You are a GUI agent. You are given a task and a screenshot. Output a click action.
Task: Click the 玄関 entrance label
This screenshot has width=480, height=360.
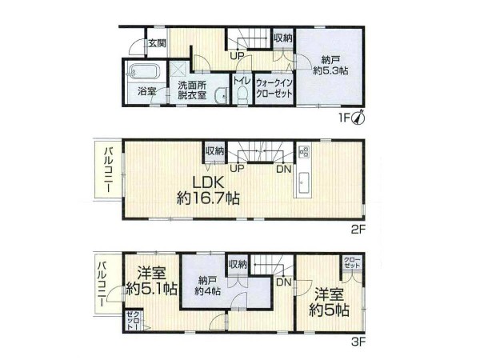pyautogui.click(x=157, y=43)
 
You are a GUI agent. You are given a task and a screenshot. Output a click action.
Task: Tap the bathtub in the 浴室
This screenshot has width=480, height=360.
pyautogui.click(x=144, y=73)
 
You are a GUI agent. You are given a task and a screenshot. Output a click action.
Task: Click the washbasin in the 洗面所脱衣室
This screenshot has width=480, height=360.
pyautogui.click(x=221, y=95)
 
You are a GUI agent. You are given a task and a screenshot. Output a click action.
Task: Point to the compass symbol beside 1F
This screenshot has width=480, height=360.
pyautogui.click(x=358, y=118)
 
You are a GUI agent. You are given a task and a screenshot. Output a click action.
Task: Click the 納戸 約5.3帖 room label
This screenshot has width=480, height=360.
pyautogui.click(x=330, y=66)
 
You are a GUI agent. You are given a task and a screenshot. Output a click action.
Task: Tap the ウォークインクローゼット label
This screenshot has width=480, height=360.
pyautogui.click(x=274, y=88)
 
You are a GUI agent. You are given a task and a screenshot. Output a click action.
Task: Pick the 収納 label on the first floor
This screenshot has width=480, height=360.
pyautogui.click(x=282, y=38)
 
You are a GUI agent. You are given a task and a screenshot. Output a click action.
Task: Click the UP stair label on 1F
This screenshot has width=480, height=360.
pyautogui.click(x=238, y=56)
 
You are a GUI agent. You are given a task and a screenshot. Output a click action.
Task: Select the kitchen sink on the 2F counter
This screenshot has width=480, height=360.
pyautogui.click(x=303, y=183)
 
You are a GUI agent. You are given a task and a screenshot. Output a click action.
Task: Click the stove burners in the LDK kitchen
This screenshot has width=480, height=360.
pyautogui.click(x=304, y=151)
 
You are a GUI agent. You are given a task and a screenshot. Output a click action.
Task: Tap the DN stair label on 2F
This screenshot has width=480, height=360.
pyautogui.click(x=284, y=169)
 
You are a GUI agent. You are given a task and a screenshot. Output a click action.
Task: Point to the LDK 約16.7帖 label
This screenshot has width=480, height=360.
pyautogui.click(x=208, y=190)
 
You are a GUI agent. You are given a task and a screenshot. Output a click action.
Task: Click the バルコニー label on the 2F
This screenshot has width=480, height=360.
pyautogui.click(x=108, y=170)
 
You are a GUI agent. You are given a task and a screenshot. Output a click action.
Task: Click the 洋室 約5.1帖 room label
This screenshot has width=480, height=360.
pyautogui.click(x=151, y=281)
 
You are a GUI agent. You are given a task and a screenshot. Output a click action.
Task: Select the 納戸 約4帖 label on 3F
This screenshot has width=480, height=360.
pyautogui.click(x=207, y=286)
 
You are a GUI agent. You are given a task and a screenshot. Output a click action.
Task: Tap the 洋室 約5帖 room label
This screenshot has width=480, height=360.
pyautogui.click(x=329, y=302)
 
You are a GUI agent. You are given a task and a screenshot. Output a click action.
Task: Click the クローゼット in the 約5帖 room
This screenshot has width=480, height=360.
pyautogui.click(x=352, y=262)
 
